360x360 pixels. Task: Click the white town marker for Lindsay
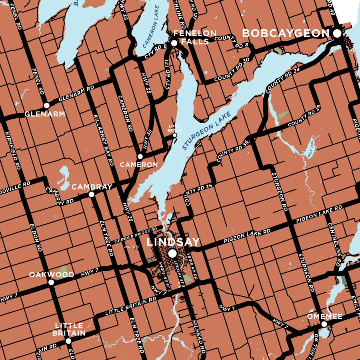[x=172, y=253]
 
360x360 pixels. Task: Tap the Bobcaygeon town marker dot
[x=337, y=34]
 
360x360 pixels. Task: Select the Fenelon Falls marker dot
[x=174, y=43]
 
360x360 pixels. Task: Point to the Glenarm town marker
[x=46, y=105]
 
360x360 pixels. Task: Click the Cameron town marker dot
[x=140, y=156]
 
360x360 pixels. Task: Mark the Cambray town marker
[x=91, y=194]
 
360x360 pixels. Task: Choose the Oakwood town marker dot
[x=51, y=282]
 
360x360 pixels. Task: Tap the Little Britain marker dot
[x=68, y=341]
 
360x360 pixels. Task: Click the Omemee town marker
[x=324, y=324]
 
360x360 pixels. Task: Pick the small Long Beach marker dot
[x=174, y=135]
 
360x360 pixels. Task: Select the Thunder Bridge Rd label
[x=136, y=236]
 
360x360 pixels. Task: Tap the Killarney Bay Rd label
[x=103, y=140]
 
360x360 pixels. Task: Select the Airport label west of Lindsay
[x=132, y=247]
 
